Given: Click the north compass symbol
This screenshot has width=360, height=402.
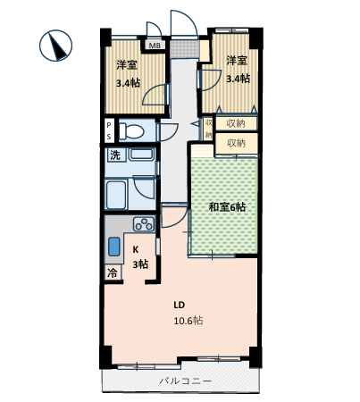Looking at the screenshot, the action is (x=55, y=46).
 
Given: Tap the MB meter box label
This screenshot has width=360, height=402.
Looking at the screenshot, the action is (x=155, y=46).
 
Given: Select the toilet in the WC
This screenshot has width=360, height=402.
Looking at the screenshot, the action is (x=131, y=131).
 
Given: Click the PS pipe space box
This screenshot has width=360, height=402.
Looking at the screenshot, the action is (x=109, y=130).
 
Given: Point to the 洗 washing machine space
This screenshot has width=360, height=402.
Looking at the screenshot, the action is (x=115, y=155).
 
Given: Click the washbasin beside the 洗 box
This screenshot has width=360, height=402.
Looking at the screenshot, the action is (x=141, y=155).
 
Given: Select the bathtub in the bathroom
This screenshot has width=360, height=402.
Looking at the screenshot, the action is (x=116, y=195).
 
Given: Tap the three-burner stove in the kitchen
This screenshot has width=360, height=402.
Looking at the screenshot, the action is (x=144, y=224).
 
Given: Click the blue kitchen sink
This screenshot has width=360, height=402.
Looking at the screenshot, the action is (x=114, y=247).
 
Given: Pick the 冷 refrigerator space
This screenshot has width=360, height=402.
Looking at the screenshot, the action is (x=113, y=272).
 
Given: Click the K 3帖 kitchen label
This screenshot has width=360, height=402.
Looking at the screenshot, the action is (x=140, y=257).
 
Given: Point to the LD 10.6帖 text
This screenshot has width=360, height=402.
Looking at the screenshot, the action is (x=188, y=313).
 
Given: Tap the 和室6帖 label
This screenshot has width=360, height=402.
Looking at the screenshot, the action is (x=227, y=206).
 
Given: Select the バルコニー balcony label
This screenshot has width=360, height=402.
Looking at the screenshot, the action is (x=186, y=381).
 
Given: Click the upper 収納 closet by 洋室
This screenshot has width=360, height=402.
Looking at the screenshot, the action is (x=236, y=123).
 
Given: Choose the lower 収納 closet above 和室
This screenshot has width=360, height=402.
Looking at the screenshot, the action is (x=237, y=143).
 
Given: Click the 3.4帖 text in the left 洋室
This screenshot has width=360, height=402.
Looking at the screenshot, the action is (x=128, y=83).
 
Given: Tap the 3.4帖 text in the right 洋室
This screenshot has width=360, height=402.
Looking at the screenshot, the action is (x=238, y=79).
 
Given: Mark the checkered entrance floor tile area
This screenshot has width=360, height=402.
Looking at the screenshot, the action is (x=185, y=49).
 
